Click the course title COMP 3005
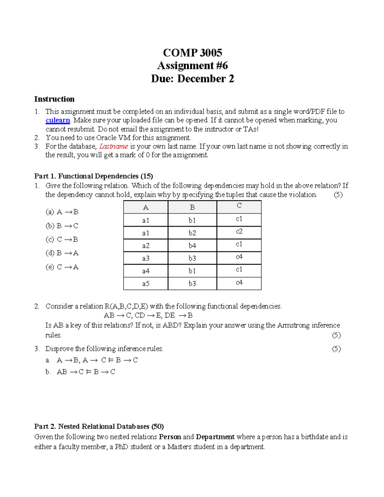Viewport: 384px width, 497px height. pyautogui.click(x=192, y=52)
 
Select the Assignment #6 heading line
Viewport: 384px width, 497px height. pyautogui.click(x=192, y=66)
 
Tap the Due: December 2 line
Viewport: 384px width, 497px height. pyautogui.click(x=192, y=79)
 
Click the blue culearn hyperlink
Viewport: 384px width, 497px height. pyautogui.click(x=58, y=120)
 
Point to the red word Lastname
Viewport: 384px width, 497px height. pyautogui.click(x=114, y=147)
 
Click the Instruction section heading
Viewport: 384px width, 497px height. pyautogui.click(x=54, y=99)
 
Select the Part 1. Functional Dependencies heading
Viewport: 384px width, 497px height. pyautogui.click(x=93, y=176)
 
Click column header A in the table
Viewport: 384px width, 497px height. pyautogui.click(x=146, y=207)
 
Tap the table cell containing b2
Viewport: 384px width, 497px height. pyautogui.click(x=192, y=233)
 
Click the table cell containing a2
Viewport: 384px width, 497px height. pyautogui.click(x=146, y=246)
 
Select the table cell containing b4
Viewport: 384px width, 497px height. pyautogui.click(x=192, y=246)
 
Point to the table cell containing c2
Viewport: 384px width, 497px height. pyautogui.click(x=239, y=231)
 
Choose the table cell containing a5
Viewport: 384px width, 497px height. pyautogui.click(x=146, y=284)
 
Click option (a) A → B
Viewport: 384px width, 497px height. pyautogui.click(x=62, y=212)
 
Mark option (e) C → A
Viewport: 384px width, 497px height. pyautogui.click(x=62, y=267)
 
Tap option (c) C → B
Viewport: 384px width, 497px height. pyautogui.click(x=62, y=240)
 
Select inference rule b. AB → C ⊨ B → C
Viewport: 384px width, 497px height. pyautogui.click(x=80, y=372)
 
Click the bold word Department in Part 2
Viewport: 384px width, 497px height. pyautogui.click(x=215, y=437)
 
